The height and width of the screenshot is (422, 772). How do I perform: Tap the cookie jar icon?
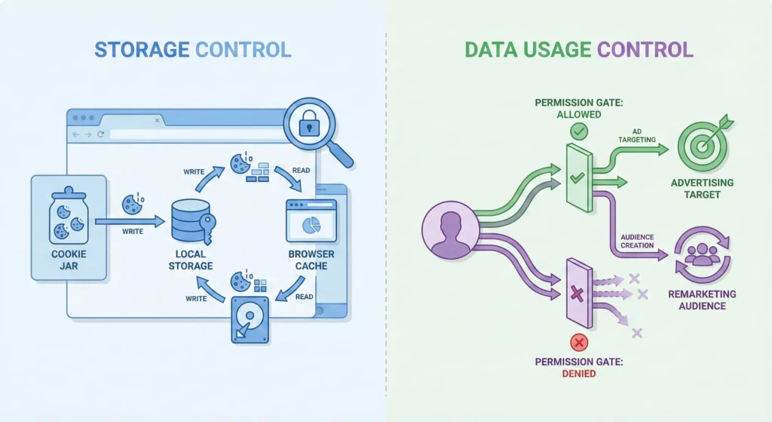point(67,215)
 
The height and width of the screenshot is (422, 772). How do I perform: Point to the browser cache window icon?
point(311,220)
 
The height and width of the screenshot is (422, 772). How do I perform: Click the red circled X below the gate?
point(579,343)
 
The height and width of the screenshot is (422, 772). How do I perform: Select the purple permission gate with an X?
point(578,291)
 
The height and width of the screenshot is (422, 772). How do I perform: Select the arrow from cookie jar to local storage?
point(130,221)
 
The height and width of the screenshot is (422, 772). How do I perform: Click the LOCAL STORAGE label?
point(191,260)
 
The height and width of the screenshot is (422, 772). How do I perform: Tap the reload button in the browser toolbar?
point(100,134)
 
